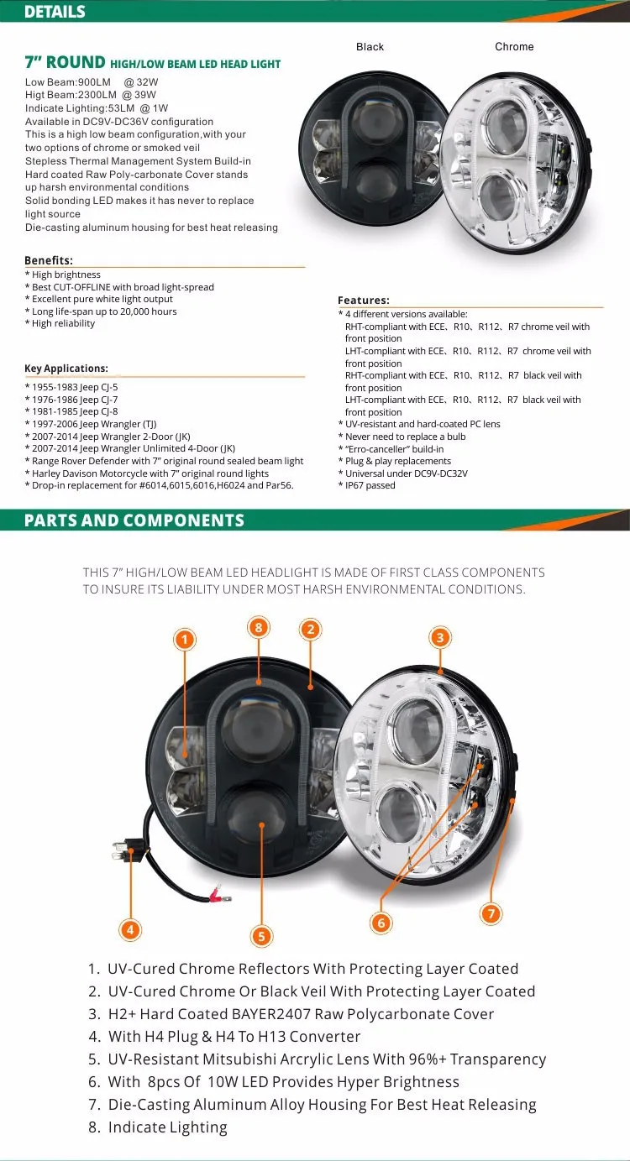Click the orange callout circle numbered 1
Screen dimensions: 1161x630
tap(184, 640)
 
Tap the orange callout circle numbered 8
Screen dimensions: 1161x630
tap(259, 626)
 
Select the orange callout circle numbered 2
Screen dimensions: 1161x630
tap(310, 630)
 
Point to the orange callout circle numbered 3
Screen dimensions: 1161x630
tap(439, 638)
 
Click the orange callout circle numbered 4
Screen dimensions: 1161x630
tap(130, 929)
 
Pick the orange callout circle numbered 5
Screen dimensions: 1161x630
tap(261, 936)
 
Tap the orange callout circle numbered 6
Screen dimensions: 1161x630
tap(381, 923)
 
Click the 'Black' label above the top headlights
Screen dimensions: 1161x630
tap(370, 47)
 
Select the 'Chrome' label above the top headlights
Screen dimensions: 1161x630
tap(514, 47)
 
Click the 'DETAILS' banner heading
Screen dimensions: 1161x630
tap(55, 12)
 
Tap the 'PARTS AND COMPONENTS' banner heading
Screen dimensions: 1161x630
tap(134, 520)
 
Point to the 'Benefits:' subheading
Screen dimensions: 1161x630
tap(49, 261)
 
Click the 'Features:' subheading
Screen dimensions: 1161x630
tap(364, 301)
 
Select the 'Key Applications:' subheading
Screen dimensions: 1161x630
tap(66, 369)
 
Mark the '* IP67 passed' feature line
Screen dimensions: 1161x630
tap(367, 485)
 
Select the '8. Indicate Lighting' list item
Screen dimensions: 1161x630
tap(158, 1127)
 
